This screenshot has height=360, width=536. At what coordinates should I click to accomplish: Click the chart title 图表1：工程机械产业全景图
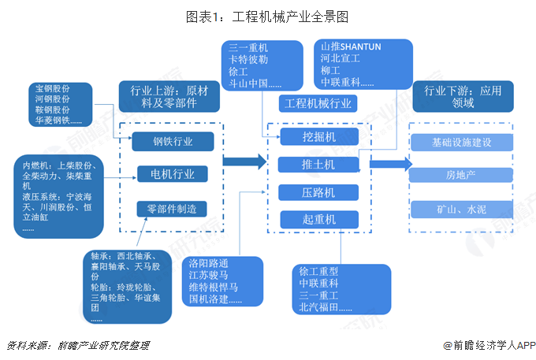(267, 16)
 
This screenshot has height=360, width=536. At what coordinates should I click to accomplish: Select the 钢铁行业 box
(172, 141)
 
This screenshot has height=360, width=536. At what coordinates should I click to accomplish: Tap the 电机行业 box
(172, 173)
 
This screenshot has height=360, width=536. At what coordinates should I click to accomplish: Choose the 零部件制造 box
(172, 209)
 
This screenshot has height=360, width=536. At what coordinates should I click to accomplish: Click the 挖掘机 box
(318, 136)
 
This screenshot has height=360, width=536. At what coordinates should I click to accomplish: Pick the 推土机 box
(318, 164)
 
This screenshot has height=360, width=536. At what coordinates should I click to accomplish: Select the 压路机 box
(318, 192)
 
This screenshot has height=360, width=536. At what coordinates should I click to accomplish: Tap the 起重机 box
(318, 220)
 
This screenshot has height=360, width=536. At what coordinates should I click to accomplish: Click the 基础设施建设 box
(461, 143)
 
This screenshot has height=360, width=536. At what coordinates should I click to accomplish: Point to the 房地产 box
(461, 173)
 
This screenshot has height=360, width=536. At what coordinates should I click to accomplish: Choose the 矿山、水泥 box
(461, 210)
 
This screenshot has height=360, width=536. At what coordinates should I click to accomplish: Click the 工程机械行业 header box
(318, 103)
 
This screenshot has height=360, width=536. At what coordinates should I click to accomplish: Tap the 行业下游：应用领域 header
(463, 97)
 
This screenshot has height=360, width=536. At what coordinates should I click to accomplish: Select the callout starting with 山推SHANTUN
(362, 65)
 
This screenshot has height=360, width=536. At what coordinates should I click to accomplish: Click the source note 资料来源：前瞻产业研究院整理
(77, 345)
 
